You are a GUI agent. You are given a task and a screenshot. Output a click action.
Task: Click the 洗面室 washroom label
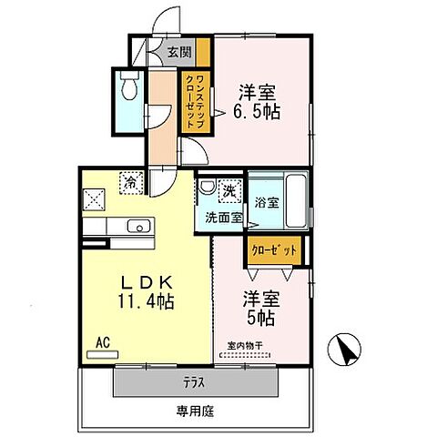pos(223,218)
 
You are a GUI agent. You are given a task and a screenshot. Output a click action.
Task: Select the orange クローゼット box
pos(274,248)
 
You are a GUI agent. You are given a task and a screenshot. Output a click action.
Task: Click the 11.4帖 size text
pos(144,301)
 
